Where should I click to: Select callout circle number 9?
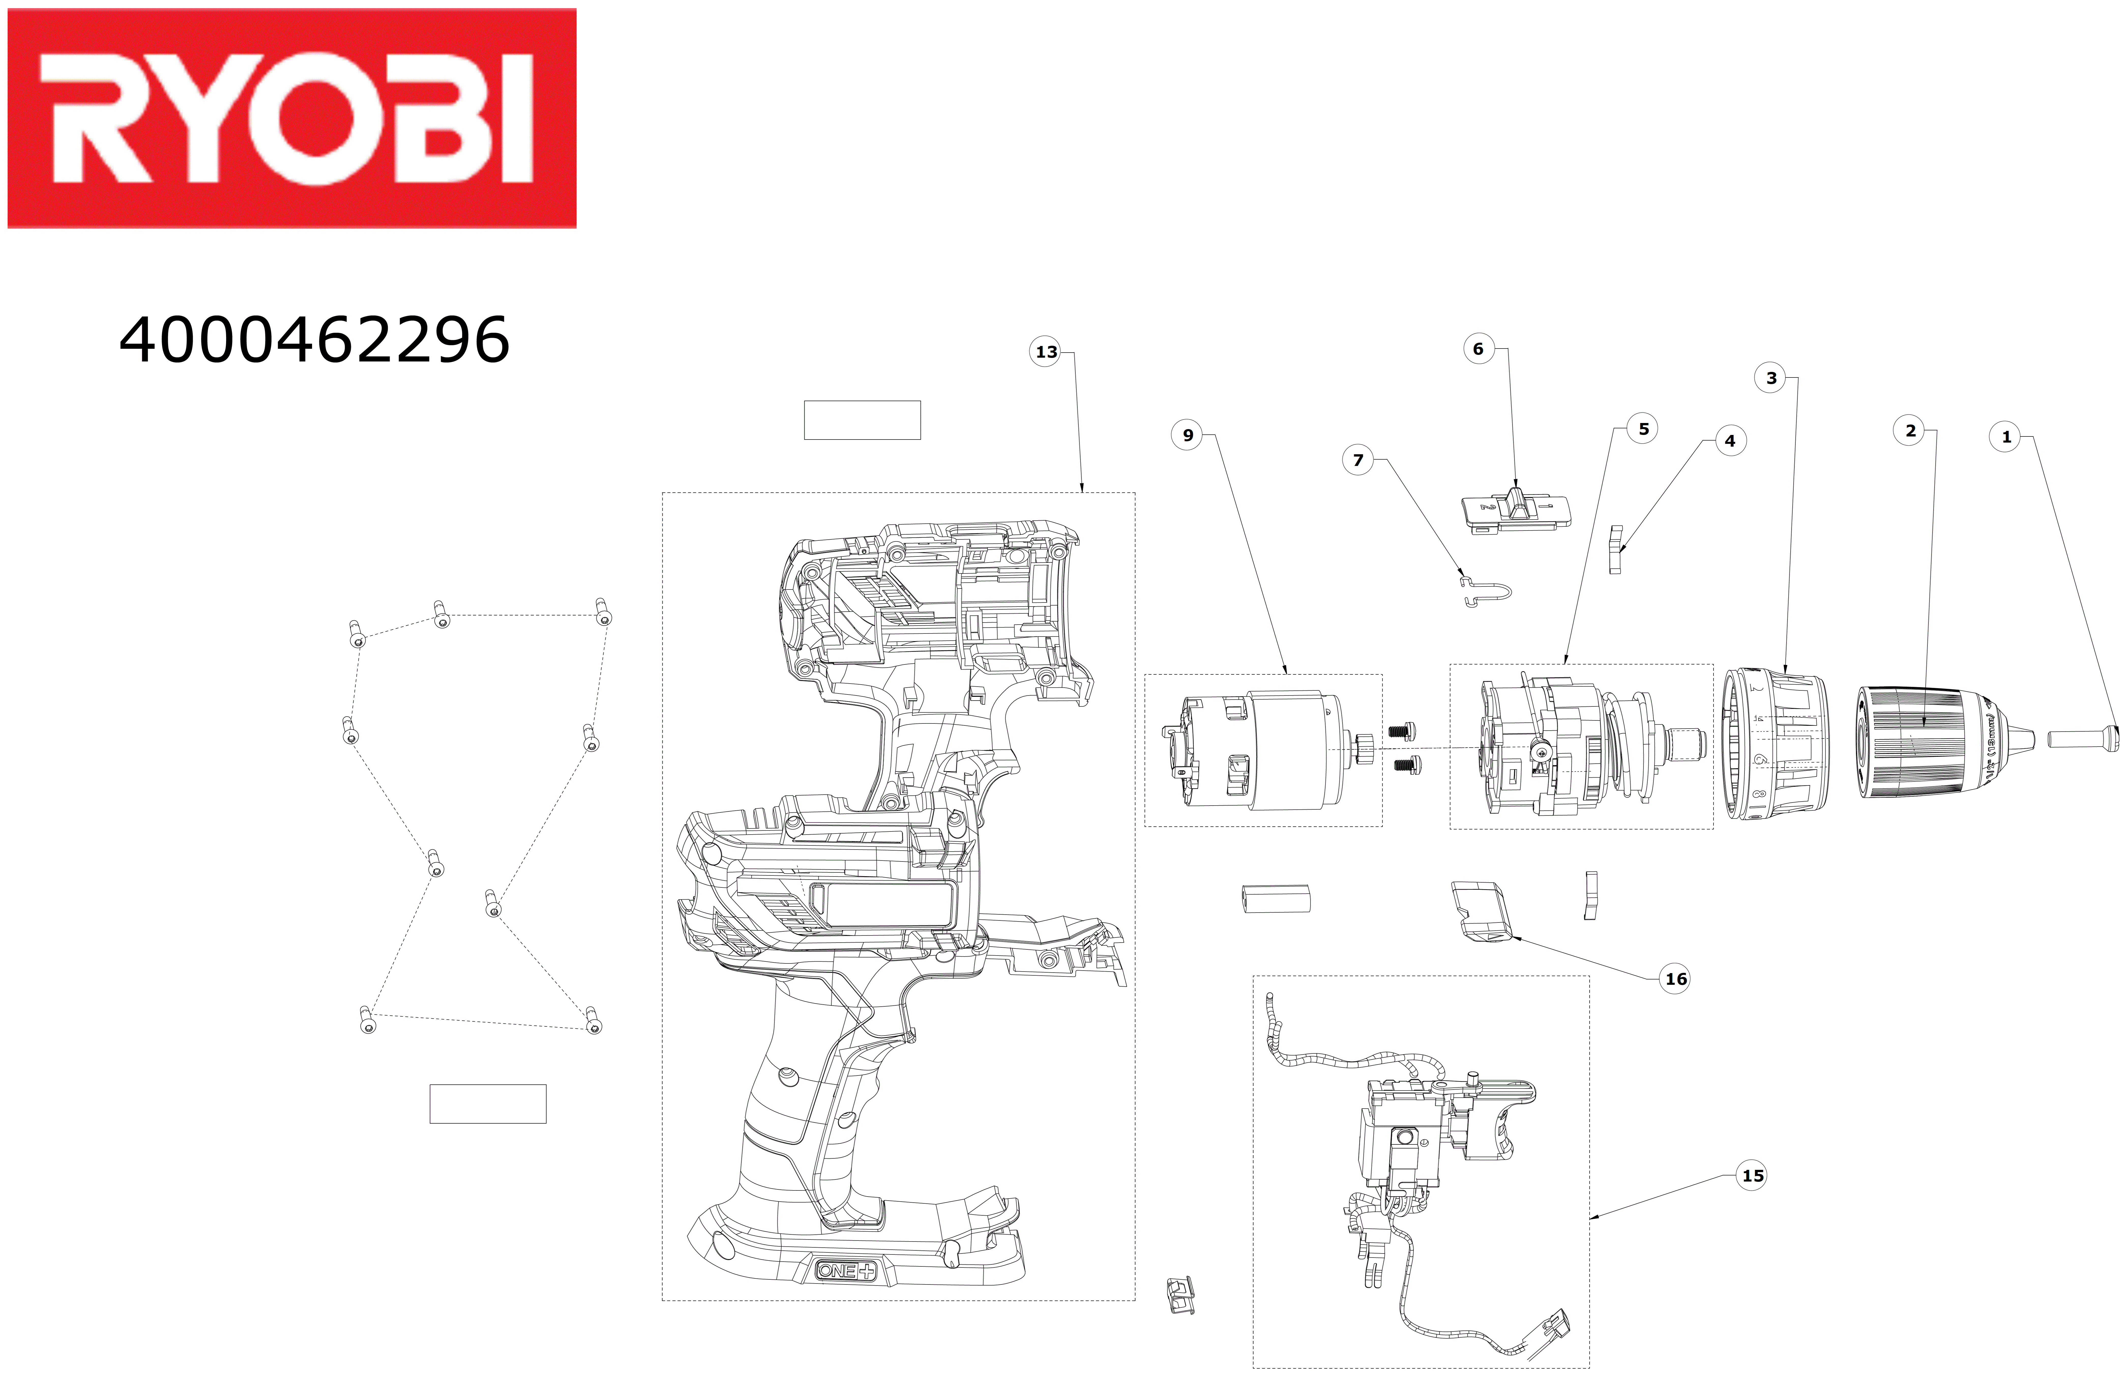pyautogui.click(x=1187, y=435)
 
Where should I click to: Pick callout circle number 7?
pyautogui.click(x=1358, y=460)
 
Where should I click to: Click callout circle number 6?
pyautogui.click(x=1477, y=349)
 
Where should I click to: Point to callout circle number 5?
pyautogui.click(x=1643, y=429)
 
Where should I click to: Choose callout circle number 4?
pyautogui.click(x=1730, y=441)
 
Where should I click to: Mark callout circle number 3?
pyautogui.click(x=1770, y=378)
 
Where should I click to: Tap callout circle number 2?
pyautogui.click(x=1910, y=431)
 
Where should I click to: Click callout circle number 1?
pyautogui.click(x=2006, y=437)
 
